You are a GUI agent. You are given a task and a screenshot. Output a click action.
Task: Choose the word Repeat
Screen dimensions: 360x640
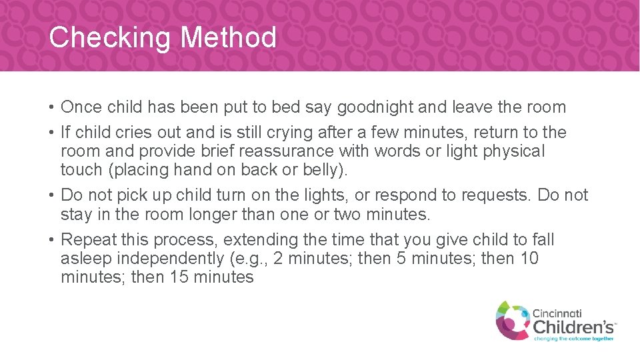click(90, 240)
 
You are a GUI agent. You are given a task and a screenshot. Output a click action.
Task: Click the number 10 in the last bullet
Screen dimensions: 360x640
click(528, 259)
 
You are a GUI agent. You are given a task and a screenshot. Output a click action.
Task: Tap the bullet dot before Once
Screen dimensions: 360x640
click(51, 107)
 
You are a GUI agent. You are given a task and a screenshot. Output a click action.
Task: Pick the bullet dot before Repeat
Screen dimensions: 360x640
click(51, 240)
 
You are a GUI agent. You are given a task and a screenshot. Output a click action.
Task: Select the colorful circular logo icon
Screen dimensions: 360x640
click(512, 319)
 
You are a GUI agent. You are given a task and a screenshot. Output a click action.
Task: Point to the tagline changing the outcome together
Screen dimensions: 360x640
click(573, 339)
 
